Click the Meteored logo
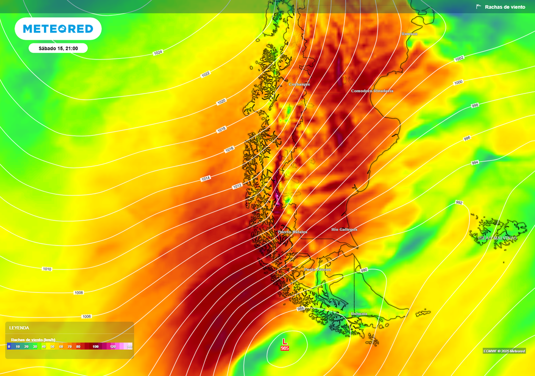[58, 29]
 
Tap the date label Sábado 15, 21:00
[58, 49]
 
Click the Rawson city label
[410, 34]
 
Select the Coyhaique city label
[299, 84]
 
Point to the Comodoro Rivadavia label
[372, 91]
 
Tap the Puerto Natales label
[292, 232]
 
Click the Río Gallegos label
[344, 229]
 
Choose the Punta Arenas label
[318, 269]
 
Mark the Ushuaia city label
[358, 314]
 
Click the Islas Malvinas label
[497, 238]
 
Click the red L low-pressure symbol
[285, 341]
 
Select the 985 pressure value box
[285, 348]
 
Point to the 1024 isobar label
[158, 53]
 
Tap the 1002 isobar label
[459, 58]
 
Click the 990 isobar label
[364, 270]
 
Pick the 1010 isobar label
[47, 269]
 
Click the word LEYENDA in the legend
[19, 328]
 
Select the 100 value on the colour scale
[96, 346]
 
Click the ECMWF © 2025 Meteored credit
[504, 351]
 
